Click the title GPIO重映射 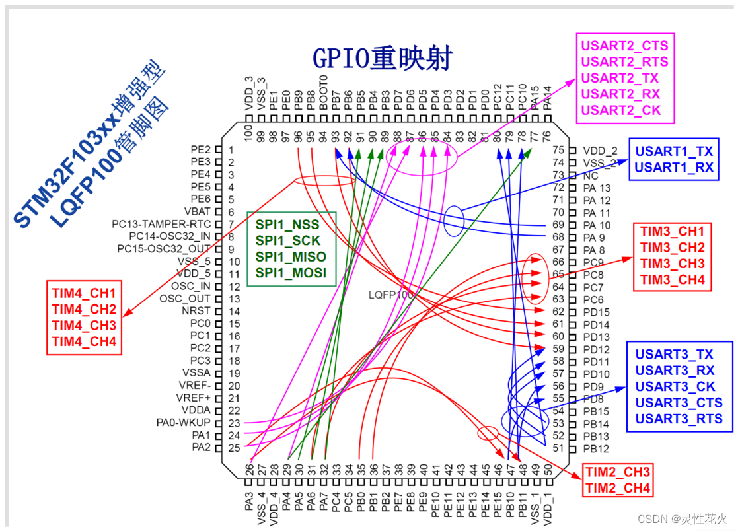tap(383, 59)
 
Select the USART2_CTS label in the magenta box tap(624, 46)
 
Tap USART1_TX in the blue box tap(674, 151)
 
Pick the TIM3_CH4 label tap(672, 279)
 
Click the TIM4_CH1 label tap(84, 293)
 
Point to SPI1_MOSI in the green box tap(291, 273)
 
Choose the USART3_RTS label tap(679, 419)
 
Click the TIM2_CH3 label tap(618, 473)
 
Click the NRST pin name tap(197, 311)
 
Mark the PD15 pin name tap(596, 312)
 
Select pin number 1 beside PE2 tap(231, 150)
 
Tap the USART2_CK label tap(620, 110)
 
